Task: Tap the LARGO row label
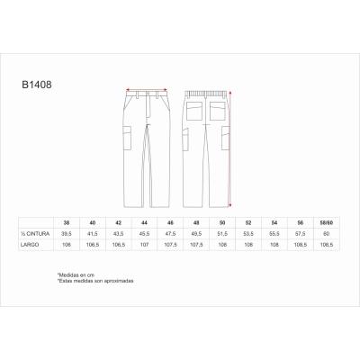(x=31, y=244)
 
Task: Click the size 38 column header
(x=66, y=221)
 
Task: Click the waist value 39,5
(x=66, y=233)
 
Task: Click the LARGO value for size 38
(x=66, y=244)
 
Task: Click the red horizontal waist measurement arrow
(x=147, y=89)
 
